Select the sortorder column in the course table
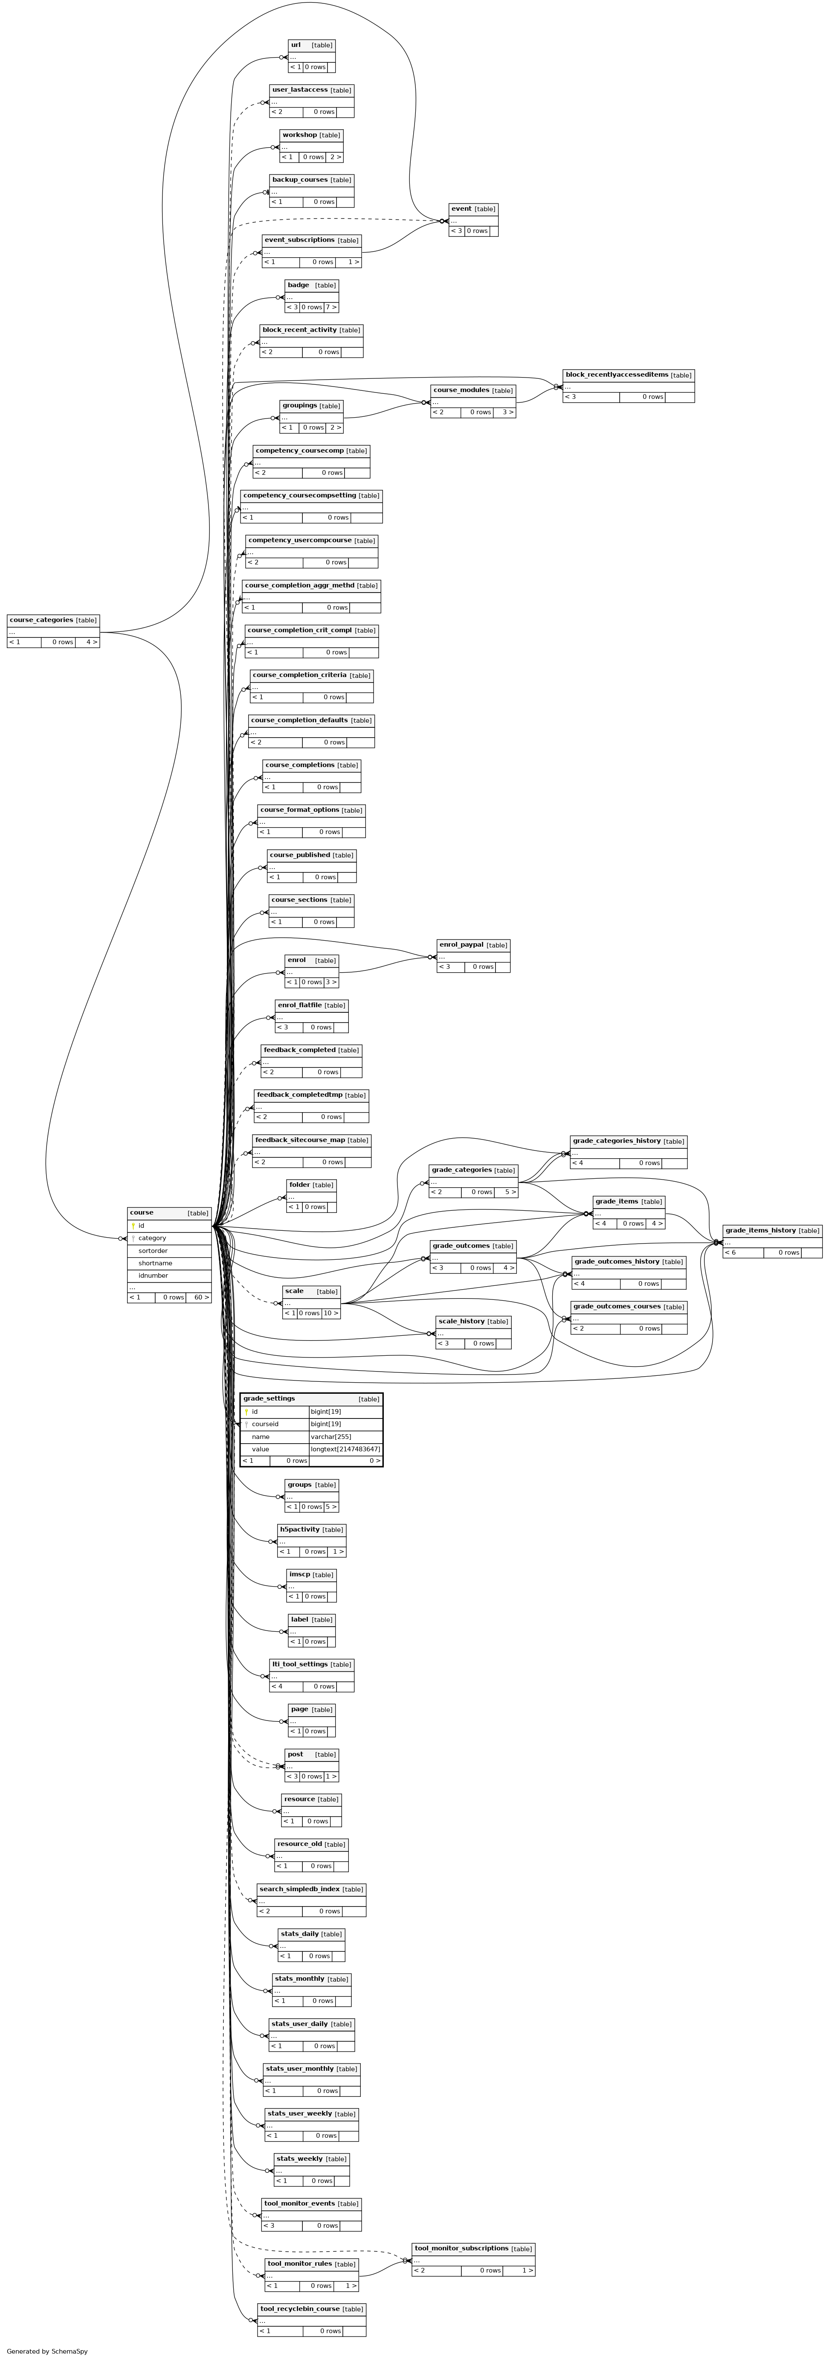click(x=153, y=1250)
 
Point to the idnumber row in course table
click(x=153, y=1275)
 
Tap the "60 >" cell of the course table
click(x=198, y=1297)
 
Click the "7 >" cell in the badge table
click(x=330, y=307)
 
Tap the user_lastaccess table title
click(x=299, y=90)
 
